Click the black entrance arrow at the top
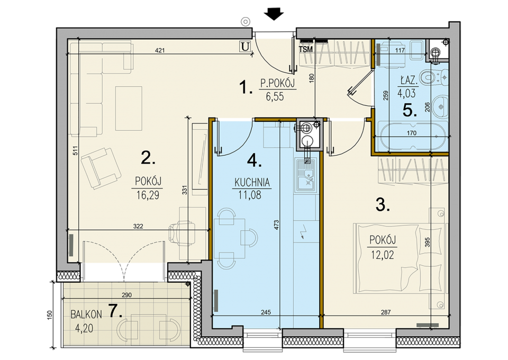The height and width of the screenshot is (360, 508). tap(274, 14)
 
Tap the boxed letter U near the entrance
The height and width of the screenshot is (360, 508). tap(245, 47)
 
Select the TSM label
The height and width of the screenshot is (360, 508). tap(306, 49)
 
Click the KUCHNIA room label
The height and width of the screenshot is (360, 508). tap(252, 183)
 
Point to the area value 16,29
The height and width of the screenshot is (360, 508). tap(148, 195)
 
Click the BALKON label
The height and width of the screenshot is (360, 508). tap(86, 314)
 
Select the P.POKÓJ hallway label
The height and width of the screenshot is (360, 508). tap(278, 84)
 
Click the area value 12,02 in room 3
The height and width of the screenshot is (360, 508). tap(383, 255)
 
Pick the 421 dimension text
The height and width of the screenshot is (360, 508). tap(160, 50)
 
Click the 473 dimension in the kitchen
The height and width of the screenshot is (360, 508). tap(276, 225)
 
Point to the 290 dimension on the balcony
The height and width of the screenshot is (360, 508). tap(126, 295)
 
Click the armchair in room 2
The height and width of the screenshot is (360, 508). tap(101, 168)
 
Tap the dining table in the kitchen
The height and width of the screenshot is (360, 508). tap(232, 238)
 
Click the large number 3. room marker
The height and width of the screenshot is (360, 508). tap(383, 205)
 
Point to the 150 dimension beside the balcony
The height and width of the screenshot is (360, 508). tap(49, 316)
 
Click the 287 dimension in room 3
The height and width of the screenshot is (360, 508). tap(386, 312)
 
